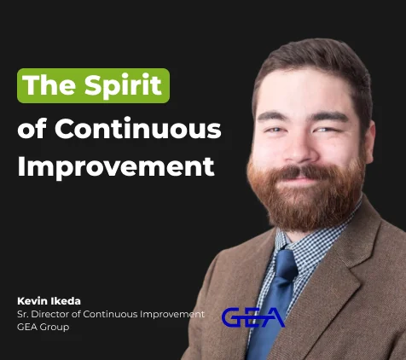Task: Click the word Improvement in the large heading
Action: click(116, 165)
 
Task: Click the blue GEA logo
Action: click(252, 317)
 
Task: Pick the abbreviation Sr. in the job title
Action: click(23, 314)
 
